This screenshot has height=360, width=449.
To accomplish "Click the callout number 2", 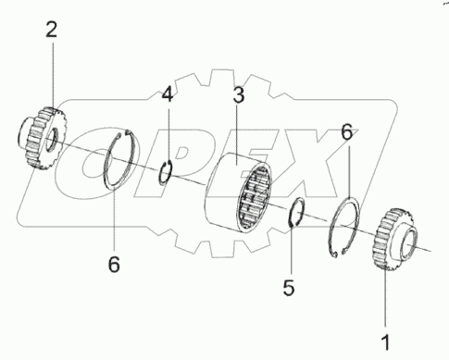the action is point(52,31).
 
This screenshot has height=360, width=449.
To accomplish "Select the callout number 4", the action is point(168,94).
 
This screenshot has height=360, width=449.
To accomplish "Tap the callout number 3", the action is point(239,95).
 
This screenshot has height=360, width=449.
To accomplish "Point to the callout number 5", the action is point(289,288).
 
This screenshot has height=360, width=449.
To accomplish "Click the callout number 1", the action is point(385,342).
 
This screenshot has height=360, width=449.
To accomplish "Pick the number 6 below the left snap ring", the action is point(114,265).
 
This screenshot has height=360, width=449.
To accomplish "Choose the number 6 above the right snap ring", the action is point(347,132).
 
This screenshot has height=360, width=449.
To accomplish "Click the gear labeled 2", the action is point(41,138).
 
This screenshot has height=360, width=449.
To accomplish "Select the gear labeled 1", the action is point(396,240).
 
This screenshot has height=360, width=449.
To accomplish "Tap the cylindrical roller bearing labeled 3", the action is point(239,192).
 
